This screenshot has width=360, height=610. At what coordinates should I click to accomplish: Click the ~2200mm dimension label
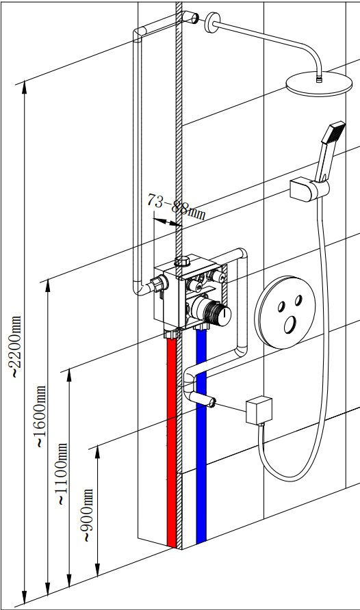[x=15, y=347]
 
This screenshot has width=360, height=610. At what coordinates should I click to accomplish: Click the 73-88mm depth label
[x=176, y=207]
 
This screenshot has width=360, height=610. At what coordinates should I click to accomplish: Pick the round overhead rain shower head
[x=319, y=83]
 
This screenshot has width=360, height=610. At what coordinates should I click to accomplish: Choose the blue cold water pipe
[x=201, y=436]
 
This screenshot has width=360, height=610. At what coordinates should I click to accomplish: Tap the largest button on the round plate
[x=290, y=324]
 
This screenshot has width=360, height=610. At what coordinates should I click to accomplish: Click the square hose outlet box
[x=259, y=409]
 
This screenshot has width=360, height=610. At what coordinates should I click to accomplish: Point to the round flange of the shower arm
[x=212, y=23]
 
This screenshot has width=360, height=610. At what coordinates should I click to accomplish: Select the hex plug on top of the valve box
[x=182, y=261]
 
